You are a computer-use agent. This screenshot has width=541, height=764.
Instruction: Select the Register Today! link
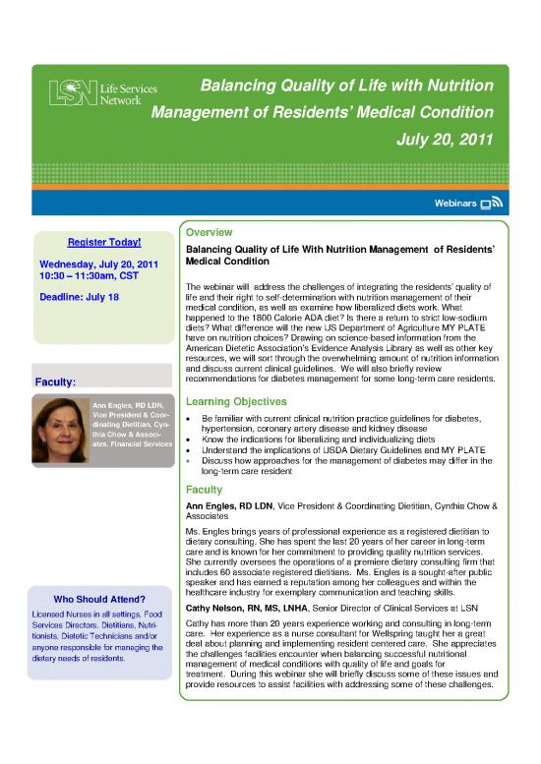tap(103, 243)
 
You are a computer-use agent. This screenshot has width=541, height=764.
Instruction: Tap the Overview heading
tap(209, 233)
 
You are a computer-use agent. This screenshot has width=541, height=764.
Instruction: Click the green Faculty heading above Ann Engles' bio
tap(204, 489)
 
